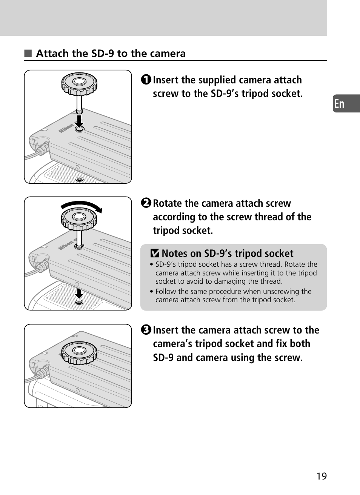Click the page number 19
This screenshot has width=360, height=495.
(x=322, y=476)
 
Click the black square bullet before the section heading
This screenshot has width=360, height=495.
(x=28, y=54)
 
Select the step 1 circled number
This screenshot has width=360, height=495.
(x=146, y=80)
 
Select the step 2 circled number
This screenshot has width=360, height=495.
(x=146, y=203)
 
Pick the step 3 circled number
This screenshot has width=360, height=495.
(x=146, y=330)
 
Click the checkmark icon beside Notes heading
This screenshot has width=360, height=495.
(x=155, y=254)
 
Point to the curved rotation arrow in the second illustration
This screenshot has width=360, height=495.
(x=82, y=205)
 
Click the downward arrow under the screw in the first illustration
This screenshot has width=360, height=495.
(x=79, y=122)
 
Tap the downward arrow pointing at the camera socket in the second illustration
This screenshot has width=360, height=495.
(x=79, y=293)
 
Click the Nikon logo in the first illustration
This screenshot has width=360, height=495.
(x=66, y=128)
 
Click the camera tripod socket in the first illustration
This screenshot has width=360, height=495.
(x=79, y=179)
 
